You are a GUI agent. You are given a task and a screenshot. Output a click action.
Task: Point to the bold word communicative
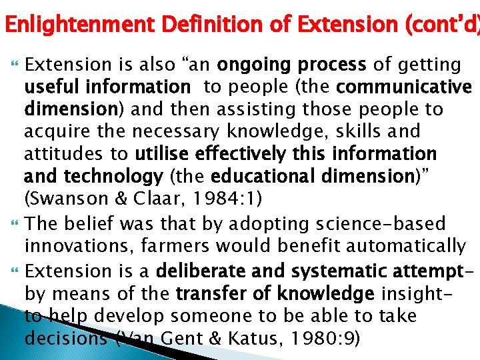click(x=404, y=87)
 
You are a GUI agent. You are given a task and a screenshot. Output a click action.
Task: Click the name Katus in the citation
click(x=254, y=339)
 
